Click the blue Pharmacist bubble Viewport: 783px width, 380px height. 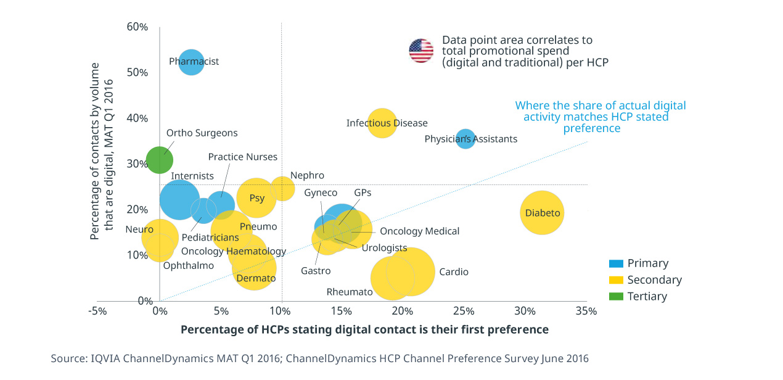[x=191, y=61]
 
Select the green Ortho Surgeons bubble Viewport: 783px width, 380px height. [x=159, y=160]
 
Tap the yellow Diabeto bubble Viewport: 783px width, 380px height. [x=543, y=213]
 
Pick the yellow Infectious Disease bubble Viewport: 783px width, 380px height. [x=382, y=123]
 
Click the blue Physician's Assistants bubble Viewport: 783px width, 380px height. [x=465, y=139]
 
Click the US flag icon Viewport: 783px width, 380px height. [x=421, y=51]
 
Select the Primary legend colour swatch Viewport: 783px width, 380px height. [x=616, y=263]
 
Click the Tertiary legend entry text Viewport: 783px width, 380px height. [x=647, y=297]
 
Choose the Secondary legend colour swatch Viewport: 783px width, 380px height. [x=616, y=280]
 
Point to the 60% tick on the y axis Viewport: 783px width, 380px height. [x=137, y=27]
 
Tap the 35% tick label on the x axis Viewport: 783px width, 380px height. [x=586, y=311]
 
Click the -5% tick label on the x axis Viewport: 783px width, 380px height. [x=97, y=311]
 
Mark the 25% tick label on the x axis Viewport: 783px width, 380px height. [x=464, y=311]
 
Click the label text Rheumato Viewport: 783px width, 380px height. [x=350, y=292]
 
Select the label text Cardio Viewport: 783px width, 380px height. [x=453, y=272]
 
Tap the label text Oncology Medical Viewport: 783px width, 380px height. [x=419, y=231]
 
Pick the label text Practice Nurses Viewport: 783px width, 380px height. [x=242, y=157]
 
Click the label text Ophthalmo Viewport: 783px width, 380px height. [x=188, y=266]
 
